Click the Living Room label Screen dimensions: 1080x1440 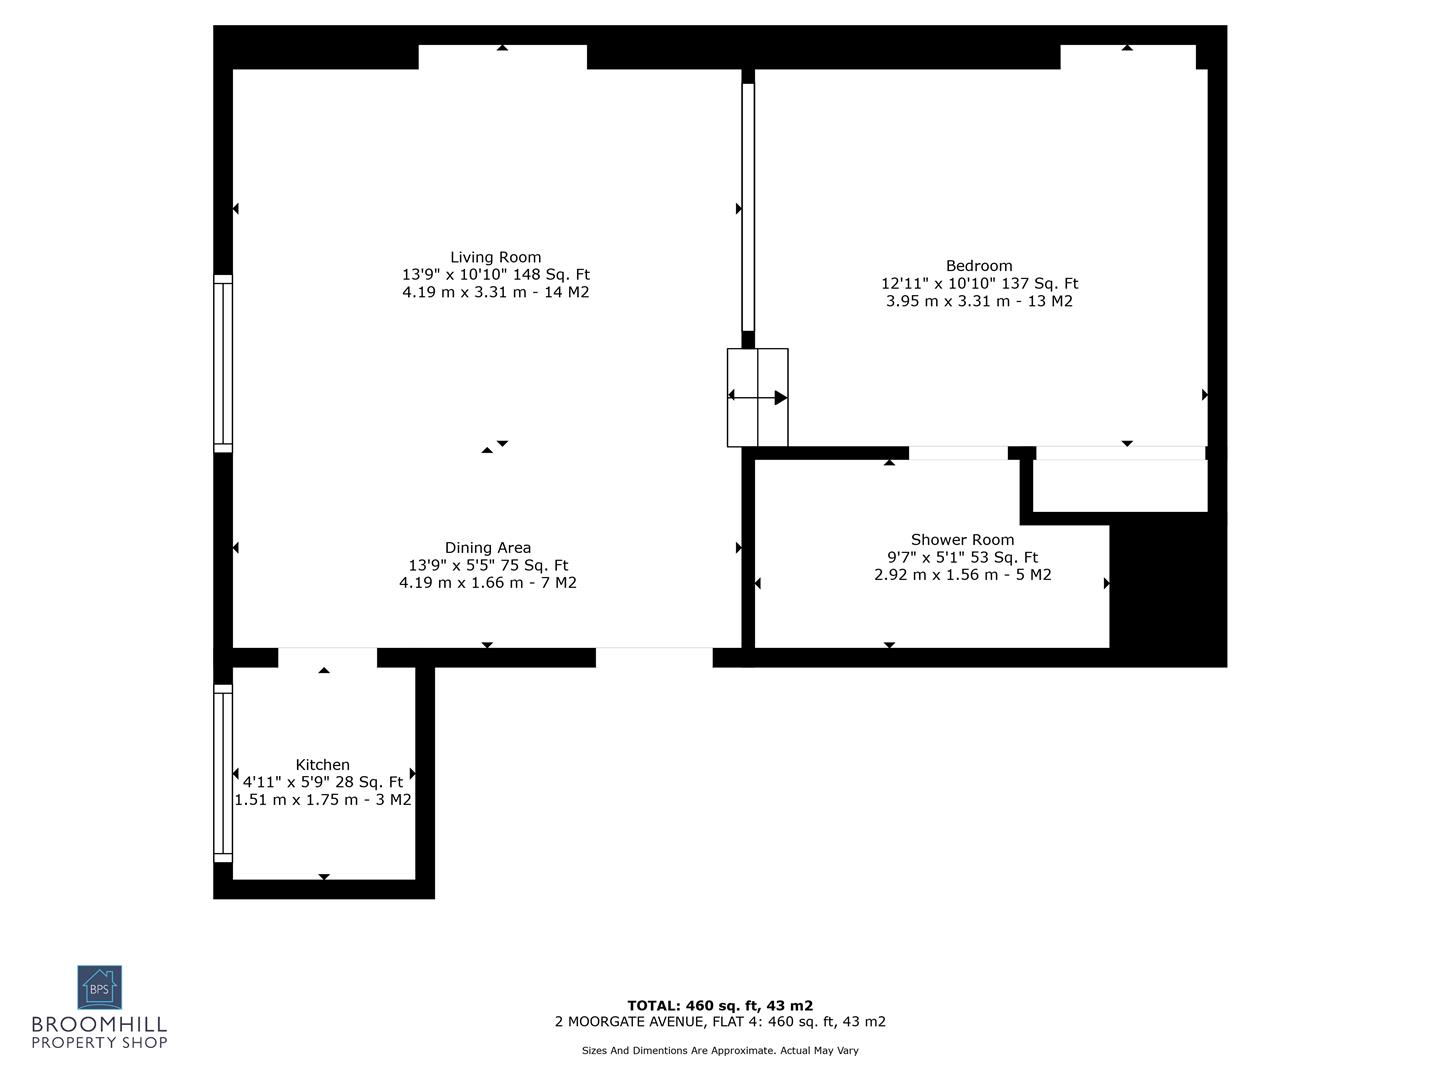pos(495,257)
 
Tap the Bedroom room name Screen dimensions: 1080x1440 pos(979,266)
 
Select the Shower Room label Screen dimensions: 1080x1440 pos(962,540)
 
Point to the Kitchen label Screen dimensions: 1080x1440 pos(322,765)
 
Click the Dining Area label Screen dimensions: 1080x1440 pos(488,548)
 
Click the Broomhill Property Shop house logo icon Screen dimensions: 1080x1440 pos(100,988)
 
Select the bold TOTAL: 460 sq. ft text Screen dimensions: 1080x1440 pos(720,1006)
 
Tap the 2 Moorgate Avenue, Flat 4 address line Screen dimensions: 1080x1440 pos(720,1022)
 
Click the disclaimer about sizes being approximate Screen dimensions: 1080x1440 pos(720,1051)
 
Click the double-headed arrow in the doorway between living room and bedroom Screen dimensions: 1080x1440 pos(757,397)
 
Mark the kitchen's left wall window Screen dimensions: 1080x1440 pos(223,774)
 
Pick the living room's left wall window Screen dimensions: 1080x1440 pos(223,364)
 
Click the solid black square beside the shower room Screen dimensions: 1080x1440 pos(1167,590)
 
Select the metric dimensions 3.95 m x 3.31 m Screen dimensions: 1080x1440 pos(979,301)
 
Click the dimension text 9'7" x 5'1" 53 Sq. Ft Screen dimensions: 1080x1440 pos(962,558)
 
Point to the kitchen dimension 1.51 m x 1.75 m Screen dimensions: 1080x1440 pos(322,800)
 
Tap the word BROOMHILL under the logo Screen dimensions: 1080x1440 pos(99,1025)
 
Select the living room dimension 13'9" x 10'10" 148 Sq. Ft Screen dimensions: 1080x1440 pos(495,275)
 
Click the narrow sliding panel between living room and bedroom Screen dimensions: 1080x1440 pos(748,207)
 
